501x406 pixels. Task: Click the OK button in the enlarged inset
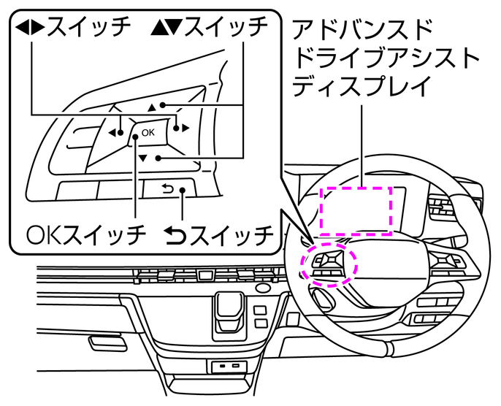coord(148,132)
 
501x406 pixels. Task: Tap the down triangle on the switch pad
coord(143,157)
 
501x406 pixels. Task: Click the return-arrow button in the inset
coord(167,190)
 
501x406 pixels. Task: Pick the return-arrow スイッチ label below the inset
coord(219,235)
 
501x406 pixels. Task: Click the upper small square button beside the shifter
coord(260,310)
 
